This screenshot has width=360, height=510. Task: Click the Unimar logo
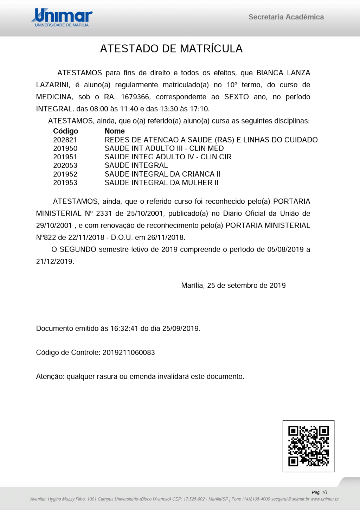tap(62, 18)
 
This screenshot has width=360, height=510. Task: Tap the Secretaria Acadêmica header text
tap(286, 17)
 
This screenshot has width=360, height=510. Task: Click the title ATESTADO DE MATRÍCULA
tap(171, 49)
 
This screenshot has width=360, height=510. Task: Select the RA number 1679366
tap(135, 97)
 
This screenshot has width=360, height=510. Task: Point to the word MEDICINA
tap(54, 97)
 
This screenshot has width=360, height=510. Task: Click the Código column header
tap(65, 131)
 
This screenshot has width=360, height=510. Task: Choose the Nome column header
tap(115, 131)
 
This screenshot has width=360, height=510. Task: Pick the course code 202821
tap(65, 140)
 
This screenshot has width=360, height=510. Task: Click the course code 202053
tap(65, 165)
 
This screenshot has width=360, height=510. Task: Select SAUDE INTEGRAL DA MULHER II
tap(161, 183)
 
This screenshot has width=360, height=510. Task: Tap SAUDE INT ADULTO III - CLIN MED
tap(164, 148)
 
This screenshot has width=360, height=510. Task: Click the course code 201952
tap(65, 174)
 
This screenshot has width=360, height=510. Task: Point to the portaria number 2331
tap(104, 213)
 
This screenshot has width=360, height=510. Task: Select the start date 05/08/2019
tap(285, 249)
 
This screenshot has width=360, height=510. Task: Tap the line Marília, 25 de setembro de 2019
tap(233, 286)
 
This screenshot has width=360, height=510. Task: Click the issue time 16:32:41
tap(124, 329)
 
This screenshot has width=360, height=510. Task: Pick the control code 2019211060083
tap(129, 352)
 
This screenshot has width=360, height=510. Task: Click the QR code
tap(308, 446)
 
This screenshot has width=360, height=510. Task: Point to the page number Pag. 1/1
tap(320, 492)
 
